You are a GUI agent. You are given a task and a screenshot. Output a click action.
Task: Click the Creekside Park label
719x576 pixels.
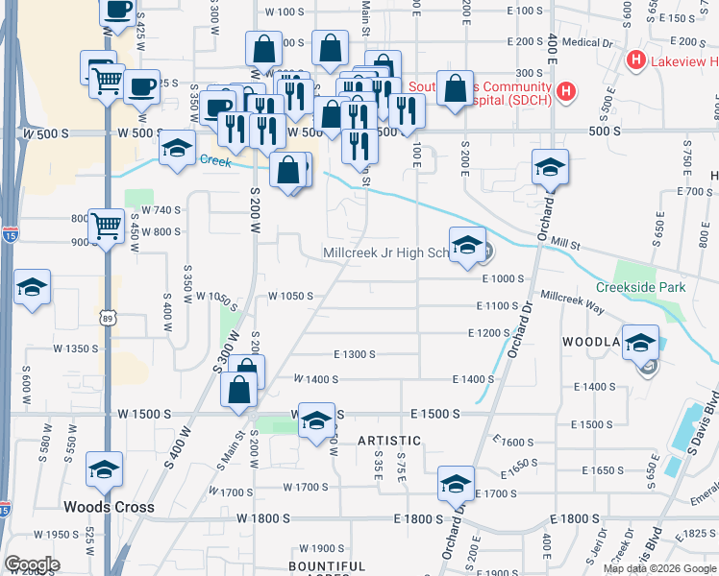pos(639,287)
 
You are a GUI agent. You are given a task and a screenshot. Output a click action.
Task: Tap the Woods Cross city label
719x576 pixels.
pos(103,507)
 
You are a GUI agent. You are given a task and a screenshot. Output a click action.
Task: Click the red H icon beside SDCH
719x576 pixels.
pos(567,93)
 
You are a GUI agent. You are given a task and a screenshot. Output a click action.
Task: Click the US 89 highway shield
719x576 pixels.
pos(106,316)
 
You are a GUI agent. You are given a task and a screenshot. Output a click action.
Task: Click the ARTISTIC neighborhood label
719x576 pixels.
pos(390,440)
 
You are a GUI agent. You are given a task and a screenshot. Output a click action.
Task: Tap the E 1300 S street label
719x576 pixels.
pos(354,354)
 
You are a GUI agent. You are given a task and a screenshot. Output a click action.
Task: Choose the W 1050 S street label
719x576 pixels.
pos(290,296)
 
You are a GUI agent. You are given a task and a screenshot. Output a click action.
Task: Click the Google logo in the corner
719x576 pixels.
pos(32,564)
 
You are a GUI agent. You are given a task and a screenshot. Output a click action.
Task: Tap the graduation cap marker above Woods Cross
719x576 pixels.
pos(105,469)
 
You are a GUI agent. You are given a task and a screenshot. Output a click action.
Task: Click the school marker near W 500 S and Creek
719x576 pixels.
pos(177,149)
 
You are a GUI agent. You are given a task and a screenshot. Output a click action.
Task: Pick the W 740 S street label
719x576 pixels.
pos(161,209)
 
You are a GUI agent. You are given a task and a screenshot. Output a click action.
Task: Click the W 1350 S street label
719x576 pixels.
pos(76,348)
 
